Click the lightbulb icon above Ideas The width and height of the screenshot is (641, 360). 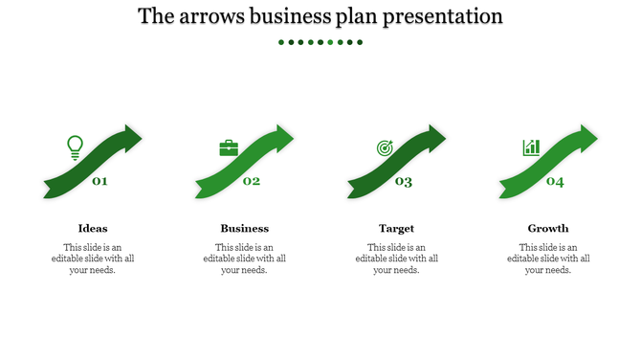tap(75, 146)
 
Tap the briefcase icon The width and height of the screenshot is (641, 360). tap(229, 148)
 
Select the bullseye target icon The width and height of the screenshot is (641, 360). tap(385, 148)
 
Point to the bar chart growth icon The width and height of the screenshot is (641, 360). tap(531, 147)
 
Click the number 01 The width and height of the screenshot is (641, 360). tap(99, 181)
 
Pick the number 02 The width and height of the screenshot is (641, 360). tap(252, 181)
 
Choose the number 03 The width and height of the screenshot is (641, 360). tap(404, 182)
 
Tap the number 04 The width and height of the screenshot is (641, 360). tap(555, 182)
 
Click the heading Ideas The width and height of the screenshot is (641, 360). tap(93, 228)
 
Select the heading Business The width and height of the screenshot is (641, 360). tap(245, 228)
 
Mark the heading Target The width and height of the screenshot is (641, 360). tap(396, 228)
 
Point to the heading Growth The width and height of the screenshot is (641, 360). tap(548, 228)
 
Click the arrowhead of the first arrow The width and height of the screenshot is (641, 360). tap(131, 137)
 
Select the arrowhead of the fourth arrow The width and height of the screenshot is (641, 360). tap(586, 137)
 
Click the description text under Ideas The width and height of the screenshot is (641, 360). tap(93, 259)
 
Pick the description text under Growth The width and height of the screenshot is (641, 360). tap(548, 259)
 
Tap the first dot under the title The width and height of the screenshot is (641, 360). tap(280, 42)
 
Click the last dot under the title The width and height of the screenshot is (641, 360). tap(361, 42)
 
